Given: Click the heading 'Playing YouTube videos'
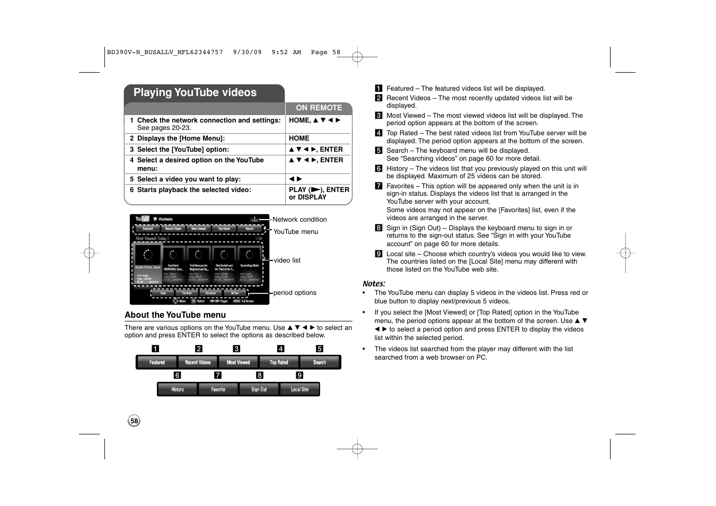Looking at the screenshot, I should point(195,93).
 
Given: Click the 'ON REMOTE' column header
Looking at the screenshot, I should point(319,108).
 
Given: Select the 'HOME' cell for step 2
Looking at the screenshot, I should point(299,138).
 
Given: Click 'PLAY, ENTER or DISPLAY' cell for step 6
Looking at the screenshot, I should point(319,194).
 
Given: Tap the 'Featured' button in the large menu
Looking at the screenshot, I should point(157,362).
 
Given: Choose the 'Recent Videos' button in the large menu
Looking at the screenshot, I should point(198,362).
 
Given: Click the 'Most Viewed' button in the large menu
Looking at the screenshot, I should point(238,362).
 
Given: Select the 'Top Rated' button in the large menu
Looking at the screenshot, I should point(279,362).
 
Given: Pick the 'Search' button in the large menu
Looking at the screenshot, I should point(320,362).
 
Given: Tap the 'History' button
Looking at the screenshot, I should point(178,389).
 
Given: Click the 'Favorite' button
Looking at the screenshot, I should point(218,389).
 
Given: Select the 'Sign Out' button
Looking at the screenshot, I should point(259,389).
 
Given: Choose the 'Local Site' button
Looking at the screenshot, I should point(299,389).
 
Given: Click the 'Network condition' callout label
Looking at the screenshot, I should point(299,220).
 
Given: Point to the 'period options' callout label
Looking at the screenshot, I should point(295,293).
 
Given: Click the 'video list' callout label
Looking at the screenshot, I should point(287,260).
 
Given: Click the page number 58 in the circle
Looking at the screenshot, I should point(134,421).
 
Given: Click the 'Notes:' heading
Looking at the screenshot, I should point(374,284).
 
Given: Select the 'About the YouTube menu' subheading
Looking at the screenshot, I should point(175,315).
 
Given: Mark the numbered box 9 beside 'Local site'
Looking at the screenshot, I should point(378,254).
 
